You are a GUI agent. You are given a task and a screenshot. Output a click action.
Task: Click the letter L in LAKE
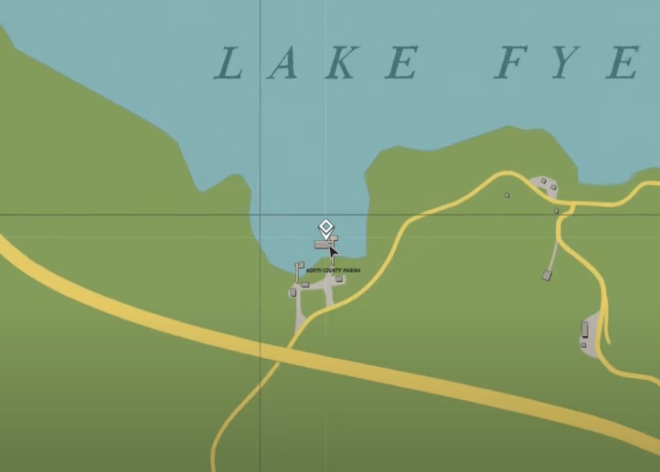pyautogui.click(x=229, y=64)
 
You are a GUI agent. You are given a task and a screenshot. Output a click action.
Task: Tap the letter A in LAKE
pyautogui.click(x=284, y=64)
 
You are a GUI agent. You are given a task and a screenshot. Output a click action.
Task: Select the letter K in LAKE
pyautogui.click(x=343, y=64)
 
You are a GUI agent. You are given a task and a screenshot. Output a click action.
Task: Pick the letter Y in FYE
pyautogui.click(x=569, y=64)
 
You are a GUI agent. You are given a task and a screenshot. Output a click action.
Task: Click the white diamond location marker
pyautogui.click(x=325, y=227)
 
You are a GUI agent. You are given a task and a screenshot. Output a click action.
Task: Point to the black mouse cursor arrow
pyautogui.click(x=333, y=253)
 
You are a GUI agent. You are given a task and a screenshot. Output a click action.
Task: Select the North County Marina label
pyautogui.click(x=334, y=271)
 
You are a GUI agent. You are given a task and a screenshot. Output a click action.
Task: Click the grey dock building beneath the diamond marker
pyautogui.click(x=323, y=245)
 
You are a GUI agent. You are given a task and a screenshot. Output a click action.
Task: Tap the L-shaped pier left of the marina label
pyautogui.click(x=298, y=268)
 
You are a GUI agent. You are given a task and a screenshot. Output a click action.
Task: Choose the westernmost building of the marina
pyautogui.click(x=293, y=292)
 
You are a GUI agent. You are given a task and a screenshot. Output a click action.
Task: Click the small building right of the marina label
pyautogui.click(x=339, y=279)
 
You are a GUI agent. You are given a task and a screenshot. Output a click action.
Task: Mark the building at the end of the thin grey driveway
pyautogui.click(x=547, y=275)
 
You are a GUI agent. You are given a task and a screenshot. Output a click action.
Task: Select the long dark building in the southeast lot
pyautogui.click(x=585, y=329)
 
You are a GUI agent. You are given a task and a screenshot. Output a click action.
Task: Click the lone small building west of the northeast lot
pyautogui.click(x=507, y=194)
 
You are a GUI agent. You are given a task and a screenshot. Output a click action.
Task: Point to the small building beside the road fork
pyautogui.click(x=557, y=211)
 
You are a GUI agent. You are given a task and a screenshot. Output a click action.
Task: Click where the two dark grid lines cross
pyautogui.click(x=261, y=215)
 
